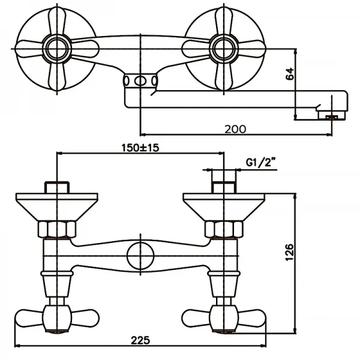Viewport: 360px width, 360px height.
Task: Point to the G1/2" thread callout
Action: point(260,162)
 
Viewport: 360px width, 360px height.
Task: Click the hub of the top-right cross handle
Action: point(224,47)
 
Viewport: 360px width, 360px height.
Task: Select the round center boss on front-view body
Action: point(140,257)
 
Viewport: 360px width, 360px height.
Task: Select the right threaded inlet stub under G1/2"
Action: point(223,186)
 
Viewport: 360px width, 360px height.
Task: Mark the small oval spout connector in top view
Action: point(141,82)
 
